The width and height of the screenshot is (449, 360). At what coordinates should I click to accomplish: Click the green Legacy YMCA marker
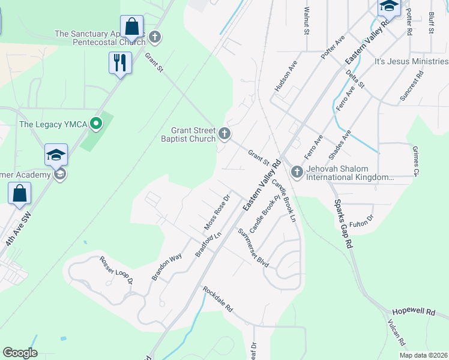(x=95, y=124)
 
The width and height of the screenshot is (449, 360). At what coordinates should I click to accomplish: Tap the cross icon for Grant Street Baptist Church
(x=224, y=133)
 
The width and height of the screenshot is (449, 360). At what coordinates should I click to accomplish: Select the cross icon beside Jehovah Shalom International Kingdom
(x=297, y=172)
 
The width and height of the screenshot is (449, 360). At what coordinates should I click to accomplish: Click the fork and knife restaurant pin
(x=120, y=62)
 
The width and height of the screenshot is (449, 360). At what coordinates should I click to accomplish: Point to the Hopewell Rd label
(x=413, y=313)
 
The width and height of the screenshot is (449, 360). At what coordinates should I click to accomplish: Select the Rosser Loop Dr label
(x=115, y=270)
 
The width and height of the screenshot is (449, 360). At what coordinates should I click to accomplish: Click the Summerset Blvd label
(x=253, y=248)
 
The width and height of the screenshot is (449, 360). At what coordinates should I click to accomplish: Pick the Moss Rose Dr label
(x=218, y=212)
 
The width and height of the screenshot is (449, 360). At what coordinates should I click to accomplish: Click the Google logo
(x=20, y=353)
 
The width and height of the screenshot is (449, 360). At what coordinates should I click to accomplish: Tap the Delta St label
(x=355, y=79)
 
